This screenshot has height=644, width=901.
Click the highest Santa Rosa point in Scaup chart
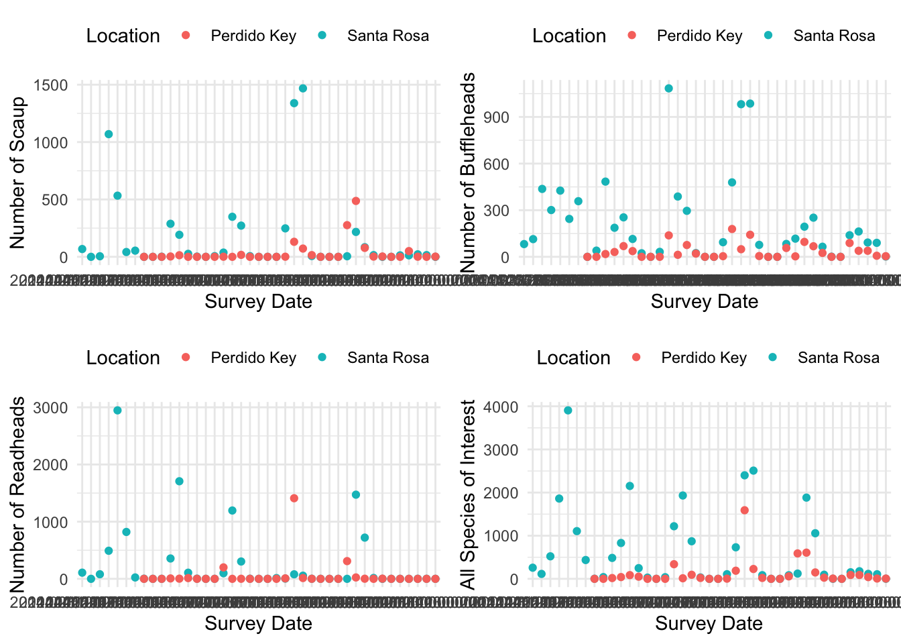click(x=302, y=88)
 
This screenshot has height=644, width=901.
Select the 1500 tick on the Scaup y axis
click(x=54, y=85)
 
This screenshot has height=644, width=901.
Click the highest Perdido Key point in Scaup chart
click(x=356, y=201)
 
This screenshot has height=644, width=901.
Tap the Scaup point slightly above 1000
click(x=109, y=134)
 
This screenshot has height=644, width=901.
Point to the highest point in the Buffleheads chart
click(x=668, y=88)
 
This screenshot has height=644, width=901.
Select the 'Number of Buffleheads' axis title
click(x=469, y=173)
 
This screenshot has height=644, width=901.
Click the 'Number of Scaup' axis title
click(x=18, y=172)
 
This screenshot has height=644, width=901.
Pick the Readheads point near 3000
click(x=117, y=410)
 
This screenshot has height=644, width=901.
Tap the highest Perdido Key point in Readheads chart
click(x=294, y=498)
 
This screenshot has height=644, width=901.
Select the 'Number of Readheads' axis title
click(x=18, y=494)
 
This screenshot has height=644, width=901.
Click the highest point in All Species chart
click(x=568, y=410)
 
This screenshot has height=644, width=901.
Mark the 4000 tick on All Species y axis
click(x=505, y=407)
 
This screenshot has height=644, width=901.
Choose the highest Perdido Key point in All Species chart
click(x=744, y=510)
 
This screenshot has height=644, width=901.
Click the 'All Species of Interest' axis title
click(x=469, y=494)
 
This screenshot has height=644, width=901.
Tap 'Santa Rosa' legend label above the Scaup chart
click(x=387, y=36)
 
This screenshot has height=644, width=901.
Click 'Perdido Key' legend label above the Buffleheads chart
click(x=699, y=36)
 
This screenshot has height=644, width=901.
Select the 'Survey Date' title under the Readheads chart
click(x=258, y=624)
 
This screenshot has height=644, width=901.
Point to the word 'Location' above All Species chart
click(x=573, y=358)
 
